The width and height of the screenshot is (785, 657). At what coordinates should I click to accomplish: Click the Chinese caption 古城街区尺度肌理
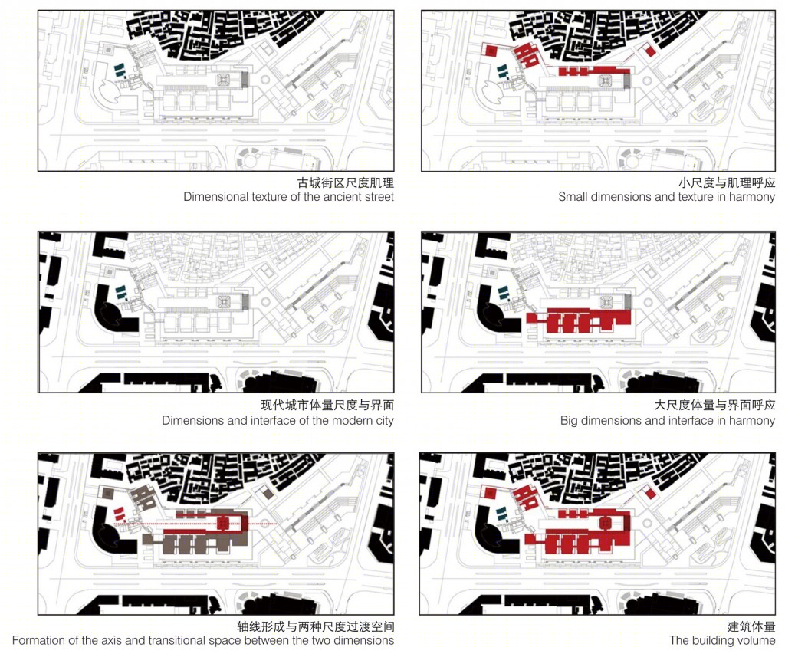click(x=346, y=182)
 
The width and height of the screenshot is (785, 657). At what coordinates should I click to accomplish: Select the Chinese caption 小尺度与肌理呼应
click(x=727, y=182)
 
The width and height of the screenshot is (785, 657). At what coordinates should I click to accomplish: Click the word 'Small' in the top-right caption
click(x=573, y=197)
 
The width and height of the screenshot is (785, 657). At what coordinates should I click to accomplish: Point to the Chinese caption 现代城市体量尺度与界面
click(x=327, y=405)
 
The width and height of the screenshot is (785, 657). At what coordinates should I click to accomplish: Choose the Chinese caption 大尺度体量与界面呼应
click(x=715, y=405)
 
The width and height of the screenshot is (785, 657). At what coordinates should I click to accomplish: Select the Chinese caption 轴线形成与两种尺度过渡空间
click(x=315, y=626)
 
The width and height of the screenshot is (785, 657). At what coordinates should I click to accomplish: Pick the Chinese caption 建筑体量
click(x=751, y=626)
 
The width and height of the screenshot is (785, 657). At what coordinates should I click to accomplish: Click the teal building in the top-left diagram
click(x=120, y=71)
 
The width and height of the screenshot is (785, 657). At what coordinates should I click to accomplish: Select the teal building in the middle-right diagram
click(x=503, y=293)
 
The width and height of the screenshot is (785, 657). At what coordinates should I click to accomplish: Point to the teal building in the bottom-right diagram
click(x=503, y=514)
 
